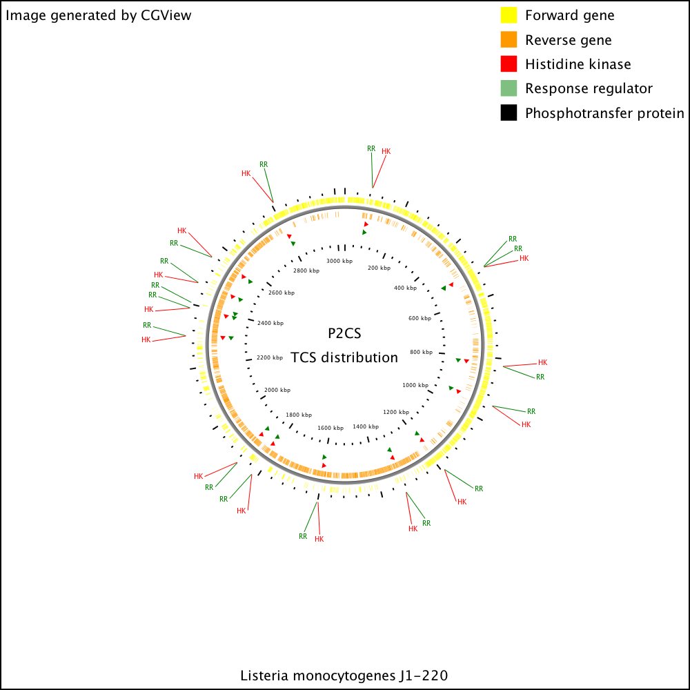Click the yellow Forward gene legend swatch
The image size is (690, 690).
click(x=509, y=15)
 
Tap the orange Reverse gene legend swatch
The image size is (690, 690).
click(x=509, y=39)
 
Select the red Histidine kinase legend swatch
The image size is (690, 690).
click(x=509, y=63)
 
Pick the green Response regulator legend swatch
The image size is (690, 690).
click(x=509, y=88)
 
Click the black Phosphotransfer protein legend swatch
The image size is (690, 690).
click(x=509, y=112)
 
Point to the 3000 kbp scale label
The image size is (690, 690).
click(x=339, y=261)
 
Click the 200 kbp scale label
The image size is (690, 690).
click(x=379, y=268)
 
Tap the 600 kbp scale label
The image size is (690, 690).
click(x=420, y=318)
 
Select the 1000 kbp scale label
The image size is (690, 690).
click(x=415, y=385)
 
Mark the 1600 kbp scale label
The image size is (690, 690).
click(x=331, y=428)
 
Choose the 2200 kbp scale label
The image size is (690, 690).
click(x=270, y=357)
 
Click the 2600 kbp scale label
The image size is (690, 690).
click(x=282, y=293)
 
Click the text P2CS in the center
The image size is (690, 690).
click(x=344, y=333)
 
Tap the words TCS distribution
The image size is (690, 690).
click(x=344, y=357)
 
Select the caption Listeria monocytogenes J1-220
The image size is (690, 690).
click(x=344, y=676)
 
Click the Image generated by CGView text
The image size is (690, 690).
click(x=98, y=15)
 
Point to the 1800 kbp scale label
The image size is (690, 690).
click(x=299, y=415)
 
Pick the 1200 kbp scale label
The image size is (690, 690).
click(x=396, y=412)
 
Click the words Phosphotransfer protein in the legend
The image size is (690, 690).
click(x=604, y=113)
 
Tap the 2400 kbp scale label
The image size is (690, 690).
click(x=270, y=323)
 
